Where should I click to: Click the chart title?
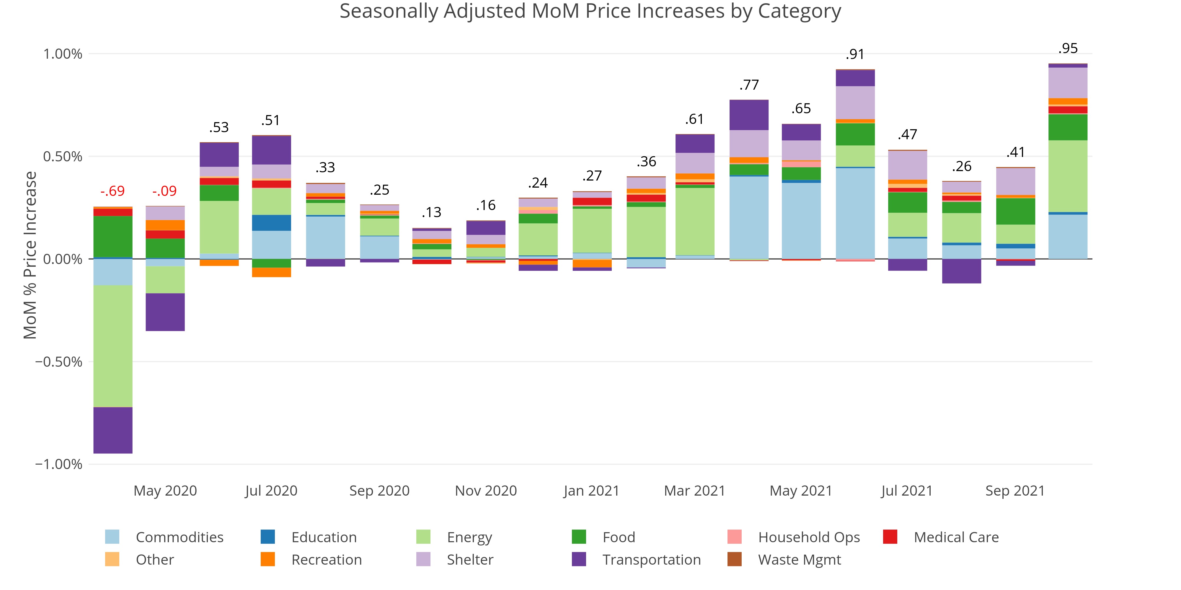coord(590,11)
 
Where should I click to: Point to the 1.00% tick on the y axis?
coord(63,54)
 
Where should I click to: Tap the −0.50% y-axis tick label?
coord(59,362)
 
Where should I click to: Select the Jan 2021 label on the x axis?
coord(591,491)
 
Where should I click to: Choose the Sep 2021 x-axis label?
coord(1014,491)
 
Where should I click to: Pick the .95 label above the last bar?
coord(1068,48)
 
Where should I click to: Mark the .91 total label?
coord(855,55)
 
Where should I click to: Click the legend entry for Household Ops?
coord(809,537)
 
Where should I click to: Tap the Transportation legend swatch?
coord(579,559)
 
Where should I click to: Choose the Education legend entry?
coord(324,537)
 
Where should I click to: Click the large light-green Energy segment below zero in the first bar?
coord(113,346)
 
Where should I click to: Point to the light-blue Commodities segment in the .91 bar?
coord(855,213)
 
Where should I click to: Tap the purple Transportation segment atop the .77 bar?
coord(749,115)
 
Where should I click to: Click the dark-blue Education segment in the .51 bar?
coord(271,223)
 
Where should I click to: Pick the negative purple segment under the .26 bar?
coord(961,271)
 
